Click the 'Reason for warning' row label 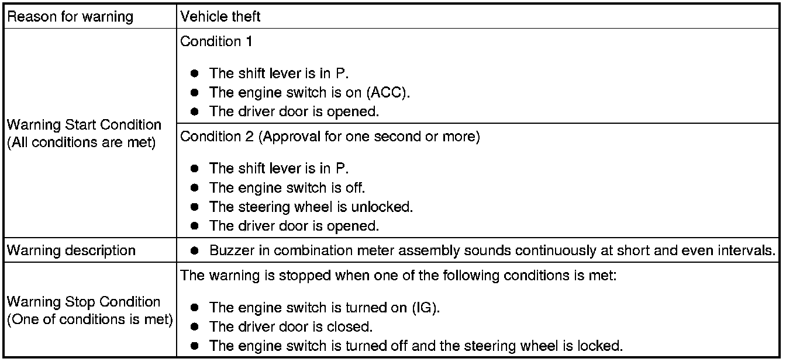[x=70, y=17]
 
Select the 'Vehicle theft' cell [x=220, y=17]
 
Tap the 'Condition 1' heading [x=211, y=41]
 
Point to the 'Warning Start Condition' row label [x=84, y=125]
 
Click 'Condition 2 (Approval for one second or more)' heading [x=330, y=137]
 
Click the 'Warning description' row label [x=71, y=250]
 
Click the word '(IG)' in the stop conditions [x=426, y=307]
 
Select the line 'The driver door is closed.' [x=291, y=326]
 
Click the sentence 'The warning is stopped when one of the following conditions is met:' [x=398, y=276]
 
